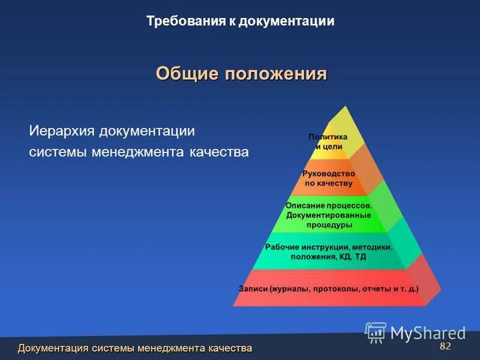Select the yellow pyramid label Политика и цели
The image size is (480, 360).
click(x=328, y=141)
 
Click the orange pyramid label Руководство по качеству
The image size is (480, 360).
click(x=328, y=178)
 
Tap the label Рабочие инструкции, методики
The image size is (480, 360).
click(x=328, y=247)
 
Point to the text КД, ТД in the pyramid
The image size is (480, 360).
click(x=353, y=257)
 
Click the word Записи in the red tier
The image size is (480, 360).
click(x=253, y=289)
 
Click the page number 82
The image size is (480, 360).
click(x=445, y=347)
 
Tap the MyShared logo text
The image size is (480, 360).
click(x=428, y=333)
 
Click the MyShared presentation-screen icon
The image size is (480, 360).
click(x=376, y=332)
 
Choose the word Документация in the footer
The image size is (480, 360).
click(x=53, y=349)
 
